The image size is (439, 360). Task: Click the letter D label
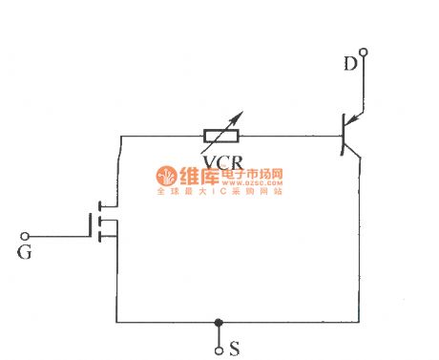pos(349,65)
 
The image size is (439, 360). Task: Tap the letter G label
pos(26,253)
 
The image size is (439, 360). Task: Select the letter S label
pos(234,349)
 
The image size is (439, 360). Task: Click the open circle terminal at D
pos(362,53)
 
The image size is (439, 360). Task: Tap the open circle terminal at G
pos(26,235)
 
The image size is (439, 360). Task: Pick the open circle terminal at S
pos(219,348)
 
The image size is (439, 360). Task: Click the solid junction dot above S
pos(219,323)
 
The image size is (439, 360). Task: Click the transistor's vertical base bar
pos(343,136)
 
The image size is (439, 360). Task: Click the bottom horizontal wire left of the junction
pos(162,323)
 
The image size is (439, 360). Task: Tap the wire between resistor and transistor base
pos(296,136)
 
